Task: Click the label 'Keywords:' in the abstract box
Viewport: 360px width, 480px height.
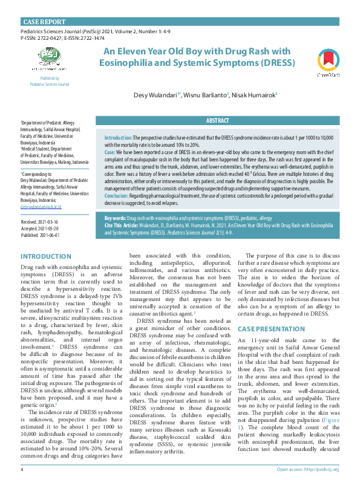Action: (115, 235)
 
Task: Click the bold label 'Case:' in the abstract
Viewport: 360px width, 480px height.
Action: (110, 153)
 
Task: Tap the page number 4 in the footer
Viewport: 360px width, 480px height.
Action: (22, 469)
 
